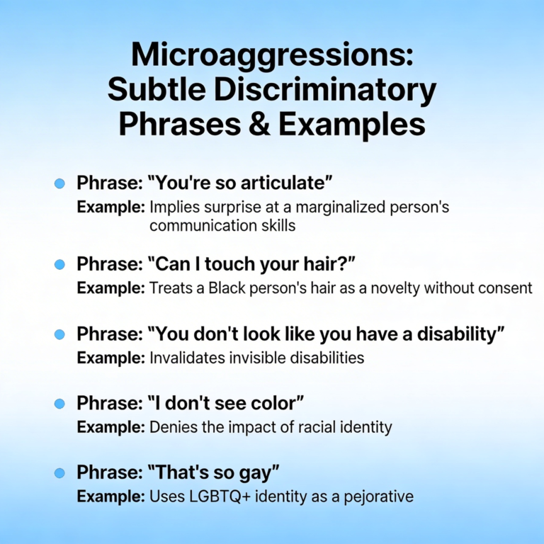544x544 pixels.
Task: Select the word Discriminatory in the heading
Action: tap(320, 91)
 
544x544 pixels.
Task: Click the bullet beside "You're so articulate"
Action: tap(60, 183)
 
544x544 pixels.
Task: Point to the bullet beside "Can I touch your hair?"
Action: tap(60, 264)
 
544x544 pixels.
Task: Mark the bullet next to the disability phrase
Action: tap(60, 334)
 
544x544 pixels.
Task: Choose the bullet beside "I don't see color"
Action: tap(60, 403)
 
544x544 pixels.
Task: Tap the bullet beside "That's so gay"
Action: tap(60, 472)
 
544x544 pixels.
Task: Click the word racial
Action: tap(310, 427)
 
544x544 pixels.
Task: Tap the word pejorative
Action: tap(375, 497)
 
